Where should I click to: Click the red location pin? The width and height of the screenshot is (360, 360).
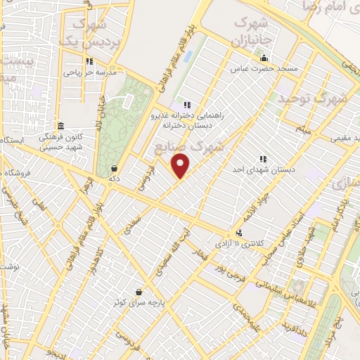pos(181,166)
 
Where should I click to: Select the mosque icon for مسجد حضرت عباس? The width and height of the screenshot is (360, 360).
pos(264,58)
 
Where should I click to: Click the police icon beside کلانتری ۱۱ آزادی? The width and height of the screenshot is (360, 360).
pos(240,233)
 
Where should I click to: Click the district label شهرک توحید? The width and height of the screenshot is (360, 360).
pos(314,98)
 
